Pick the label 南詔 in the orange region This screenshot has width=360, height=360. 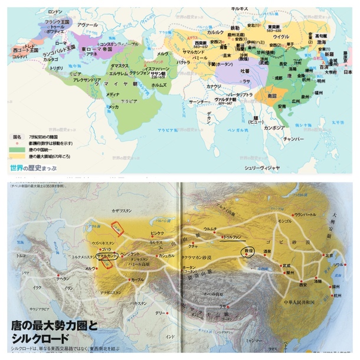point(272,94)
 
